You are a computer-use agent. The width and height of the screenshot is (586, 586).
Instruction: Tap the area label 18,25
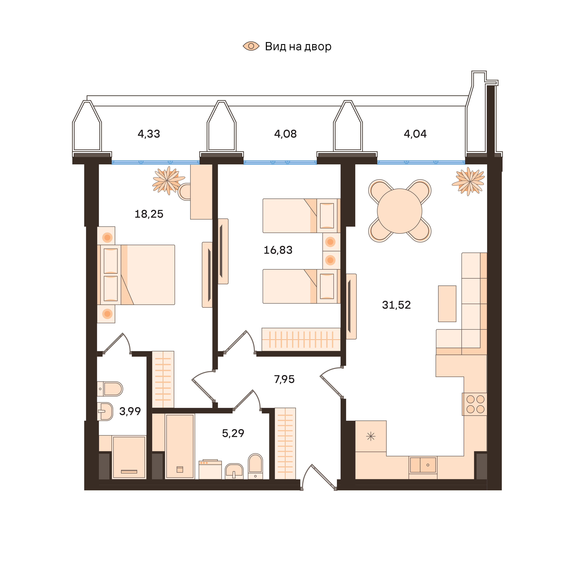[x=149, y=214]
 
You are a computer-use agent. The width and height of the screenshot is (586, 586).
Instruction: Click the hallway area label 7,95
[x=284, y=379]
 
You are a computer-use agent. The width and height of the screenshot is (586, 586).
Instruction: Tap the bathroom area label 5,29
[x=233, y=433]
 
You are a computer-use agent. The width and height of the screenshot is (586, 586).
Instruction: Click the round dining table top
[x=400, y=211]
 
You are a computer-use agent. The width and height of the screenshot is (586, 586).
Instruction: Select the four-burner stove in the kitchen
[x=475, y=404]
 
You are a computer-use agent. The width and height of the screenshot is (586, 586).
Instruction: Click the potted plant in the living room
[x=469, y=181]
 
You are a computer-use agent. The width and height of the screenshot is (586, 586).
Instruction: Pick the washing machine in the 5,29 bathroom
[x=210, y=470]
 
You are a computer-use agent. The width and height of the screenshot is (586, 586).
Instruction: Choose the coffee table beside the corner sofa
[x=447, y=304]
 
